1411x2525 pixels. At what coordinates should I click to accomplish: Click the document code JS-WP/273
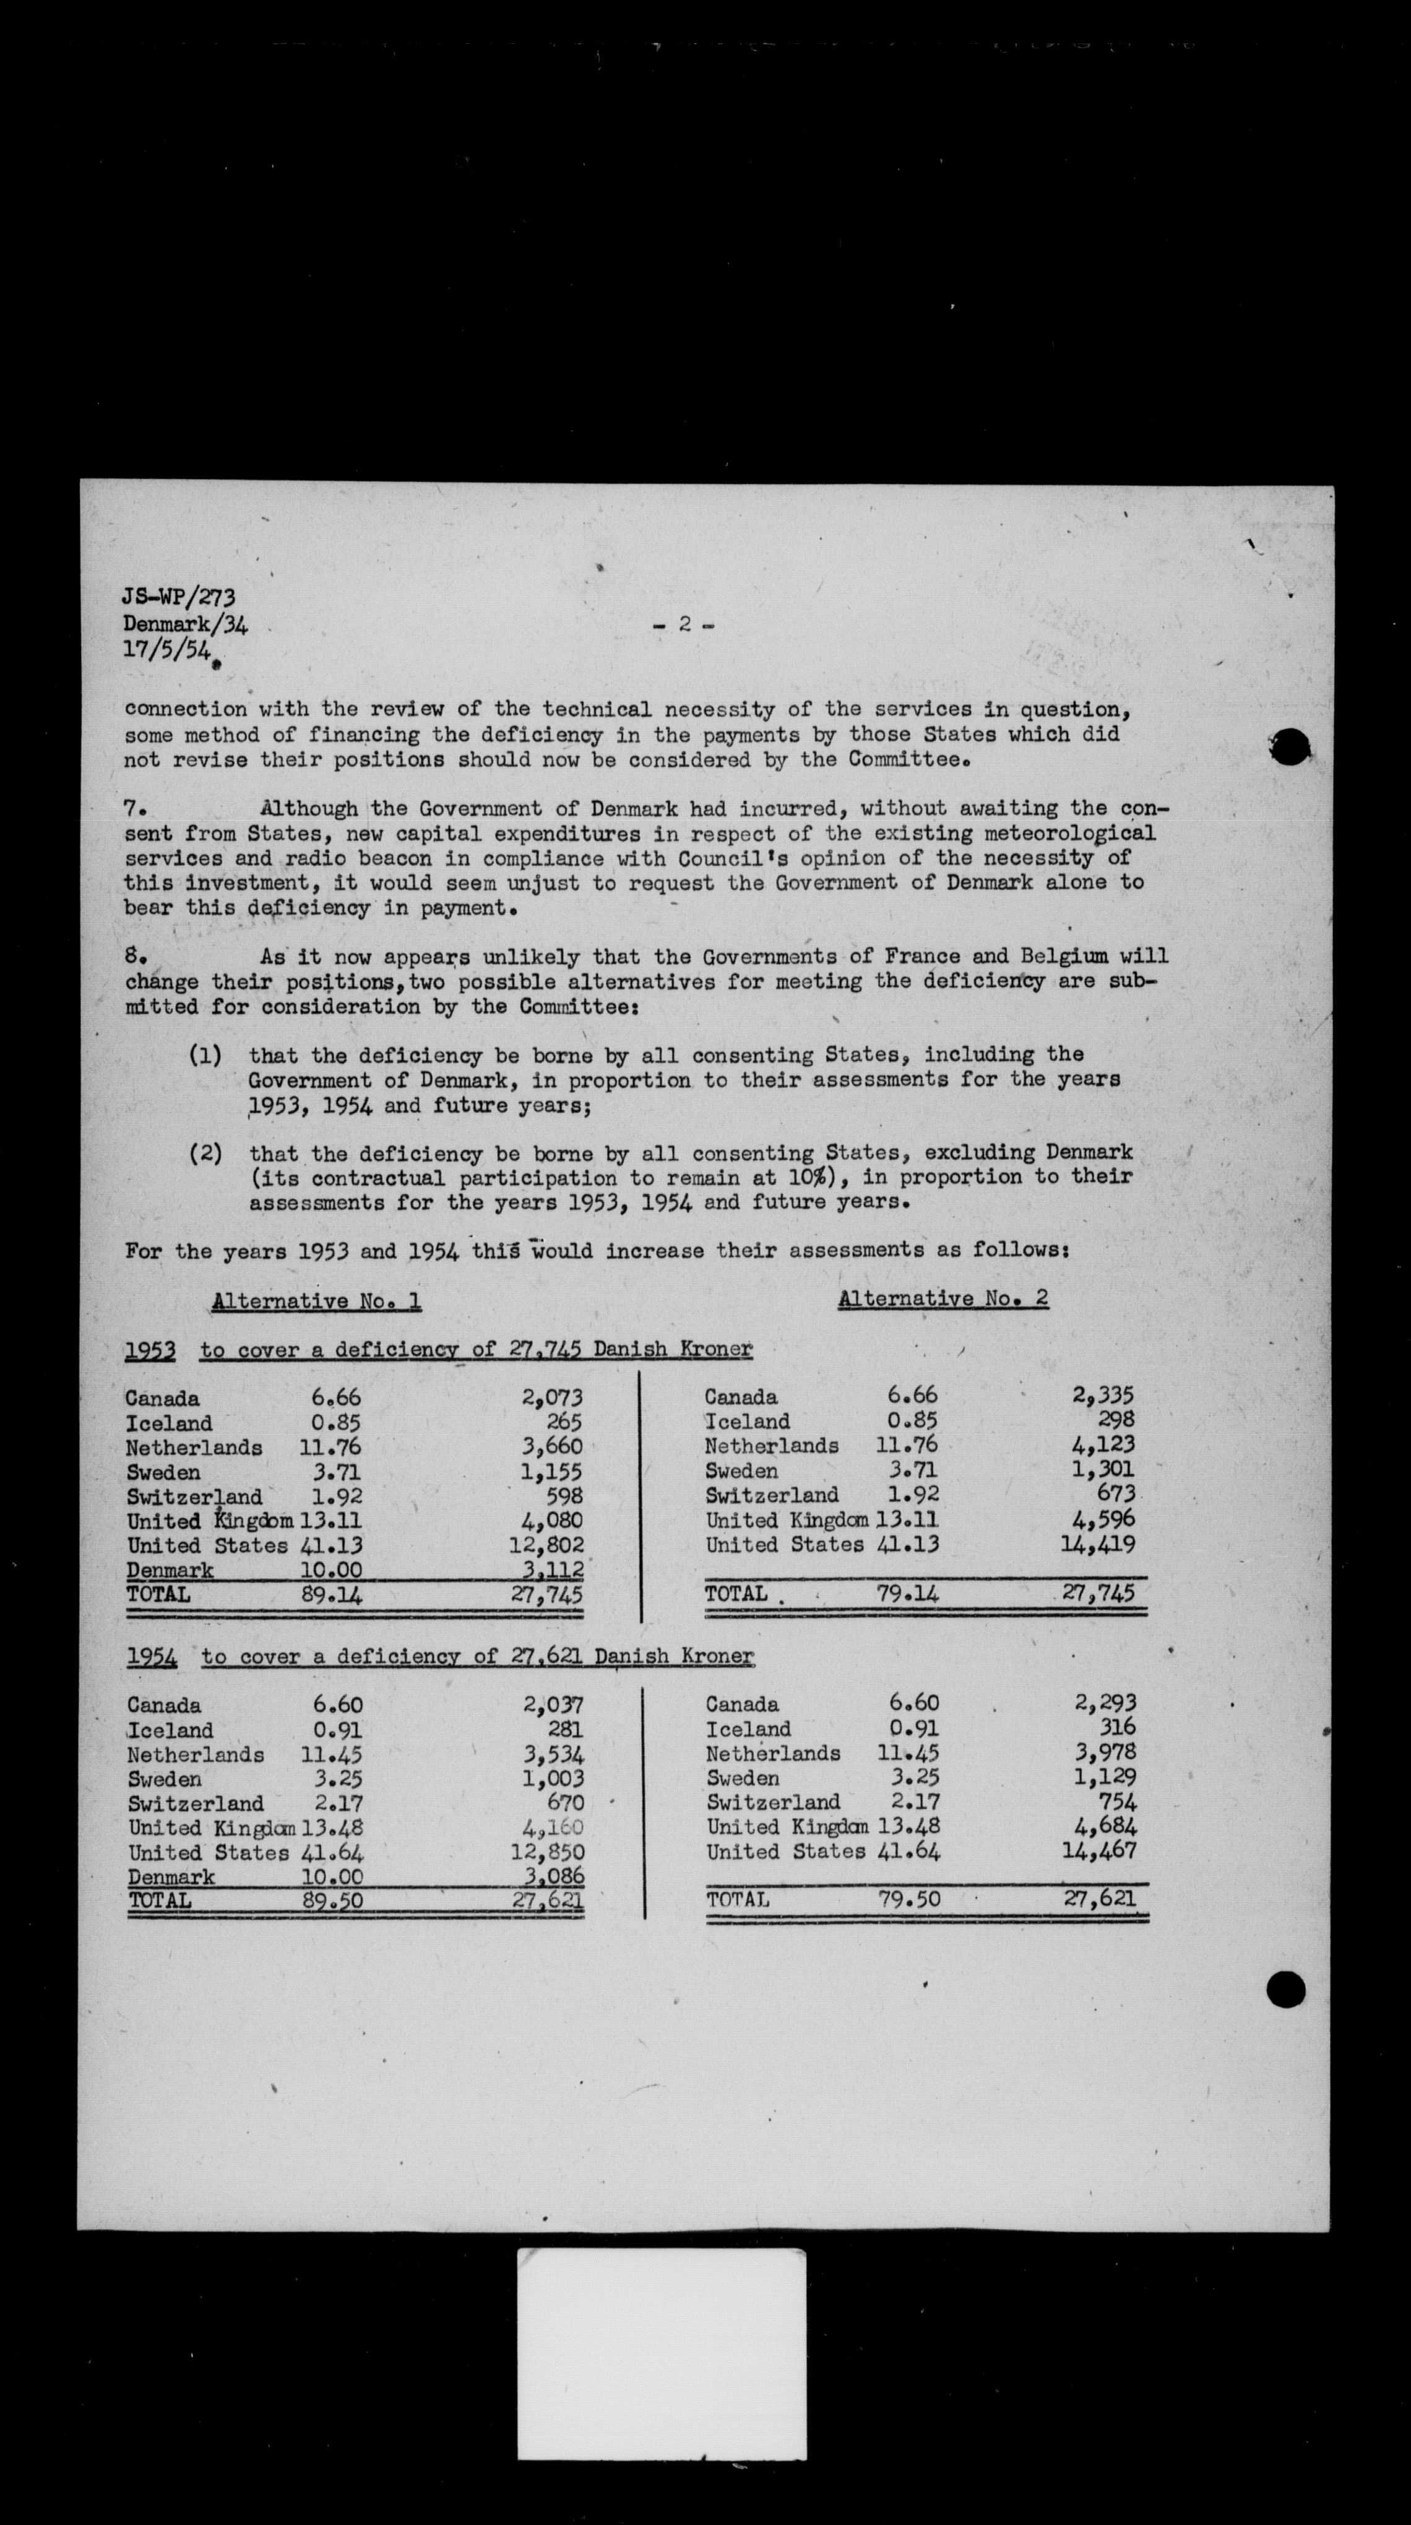point(178,597)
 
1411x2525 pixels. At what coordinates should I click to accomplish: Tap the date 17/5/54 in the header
point(166,650)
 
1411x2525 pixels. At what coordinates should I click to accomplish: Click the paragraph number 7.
point(135,809)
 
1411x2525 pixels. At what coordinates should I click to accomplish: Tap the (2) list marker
point(205,1154)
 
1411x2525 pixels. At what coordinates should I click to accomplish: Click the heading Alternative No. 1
point(316,1301)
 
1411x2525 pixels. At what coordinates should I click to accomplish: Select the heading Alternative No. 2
point(943,1299)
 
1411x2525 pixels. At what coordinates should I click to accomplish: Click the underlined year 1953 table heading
point(150,1351)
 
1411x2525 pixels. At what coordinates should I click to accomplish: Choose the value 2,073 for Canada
point(553,1399)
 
